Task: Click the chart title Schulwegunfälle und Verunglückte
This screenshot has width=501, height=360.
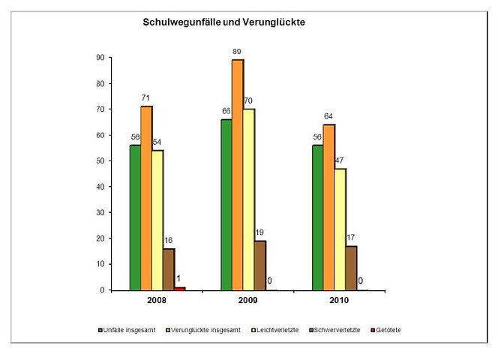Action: (223, 22)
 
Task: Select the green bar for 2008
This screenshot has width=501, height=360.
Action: (135, 217)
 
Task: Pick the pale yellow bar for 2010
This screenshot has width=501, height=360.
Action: (340, 229)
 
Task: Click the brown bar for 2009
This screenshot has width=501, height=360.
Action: (259, 265)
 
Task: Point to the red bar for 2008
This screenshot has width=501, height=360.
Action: (180, 288)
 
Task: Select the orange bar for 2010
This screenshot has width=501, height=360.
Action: (329, 207)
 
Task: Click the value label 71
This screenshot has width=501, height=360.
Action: (147, 98)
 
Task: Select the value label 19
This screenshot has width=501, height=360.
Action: (260, 232)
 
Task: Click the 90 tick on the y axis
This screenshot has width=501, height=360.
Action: (99, 58)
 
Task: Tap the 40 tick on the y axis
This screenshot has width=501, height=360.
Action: (99, 187)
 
